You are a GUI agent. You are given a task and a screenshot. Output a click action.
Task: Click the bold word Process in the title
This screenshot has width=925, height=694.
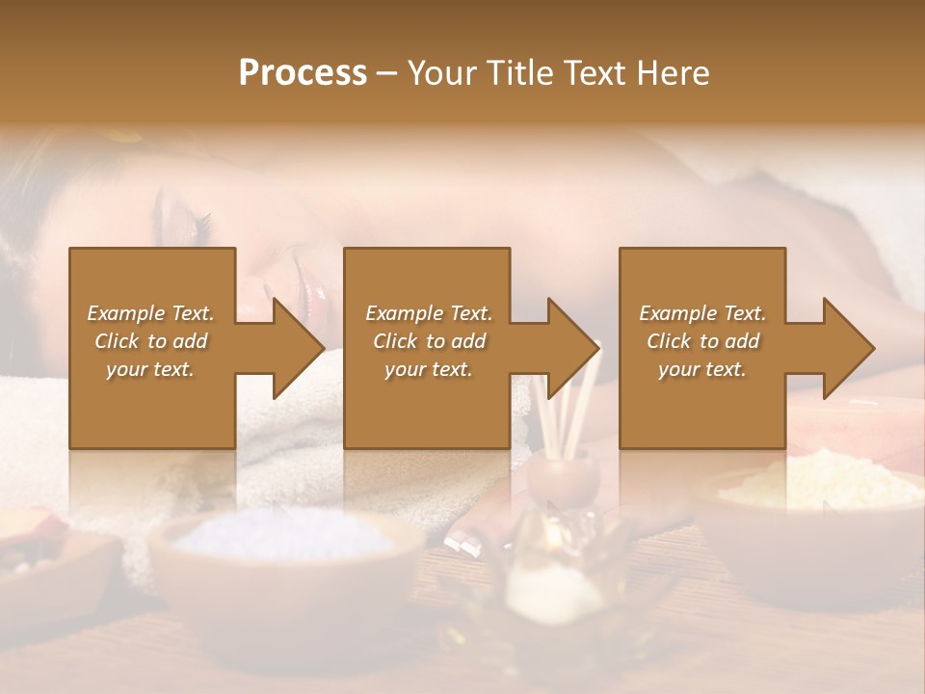pos(303,72)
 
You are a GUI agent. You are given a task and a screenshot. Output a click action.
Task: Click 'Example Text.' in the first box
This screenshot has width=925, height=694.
pos(150,313)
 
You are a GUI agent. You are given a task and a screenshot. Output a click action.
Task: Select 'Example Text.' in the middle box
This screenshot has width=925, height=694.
pos(429,313)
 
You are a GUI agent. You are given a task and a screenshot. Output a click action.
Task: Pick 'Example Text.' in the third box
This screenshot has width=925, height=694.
pos(702,313)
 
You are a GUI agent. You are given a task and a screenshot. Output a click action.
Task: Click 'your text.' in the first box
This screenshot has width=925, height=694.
pos(150,369)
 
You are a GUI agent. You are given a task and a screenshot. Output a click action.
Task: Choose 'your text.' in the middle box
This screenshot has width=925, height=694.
pos(429,369)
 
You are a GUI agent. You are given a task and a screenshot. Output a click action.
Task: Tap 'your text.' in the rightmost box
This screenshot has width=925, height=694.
pos(702,369)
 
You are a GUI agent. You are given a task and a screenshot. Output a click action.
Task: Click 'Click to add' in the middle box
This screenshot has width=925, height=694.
pos(429,341)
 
